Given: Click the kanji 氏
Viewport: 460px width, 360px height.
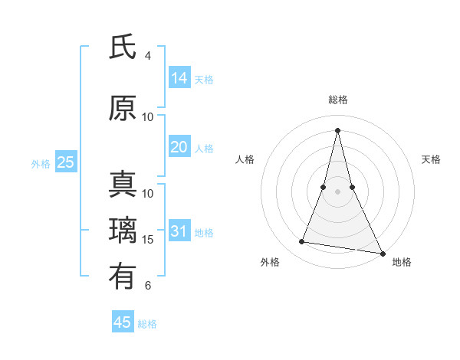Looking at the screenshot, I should pyautogui.click(x=123, y=47).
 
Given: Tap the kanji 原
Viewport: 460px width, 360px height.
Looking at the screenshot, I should pyautogui.click(x=123, y=110).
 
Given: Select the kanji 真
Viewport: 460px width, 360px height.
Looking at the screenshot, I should pyautogui.click(x=123, y=186).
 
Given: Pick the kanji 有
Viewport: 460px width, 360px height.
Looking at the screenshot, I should pyautogui.click(x=123, y=277).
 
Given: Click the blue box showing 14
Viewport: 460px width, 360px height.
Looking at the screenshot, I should pyautogui.click(x=179, y=78).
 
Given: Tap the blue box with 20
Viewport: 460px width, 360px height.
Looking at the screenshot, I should pyautogui.click(x=179, y=147).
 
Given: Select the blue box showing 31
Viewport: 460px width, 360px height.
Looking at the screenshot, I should pyautogui.click(x=179, y=231).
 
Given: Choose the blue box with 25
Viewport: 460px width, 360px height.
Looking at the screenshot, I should pyautogui.click(x=65, y=162).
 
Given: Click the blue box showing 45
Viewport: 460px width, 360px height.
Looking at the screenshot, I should pyautogui.click(x=123, y=322).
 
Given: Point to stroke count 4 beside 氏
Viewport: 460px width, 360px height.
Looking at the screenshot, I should pyautogui.click(x=148, y=56).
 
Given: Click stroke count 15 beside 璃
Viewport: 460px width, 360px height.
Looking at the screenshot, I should pyautogui.click(x=148, y=240).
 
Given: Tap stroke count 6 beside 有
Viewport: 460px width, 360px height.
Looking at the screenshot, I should pyautogui.click(x=148, y=286).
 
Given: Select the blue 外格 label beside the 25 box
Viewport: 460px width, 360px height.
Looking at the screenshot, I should pyautogui.click(x=41, y=163).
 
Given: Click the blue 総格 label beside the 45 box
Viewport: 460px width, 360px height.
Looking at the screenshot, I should pyautogui.click(x=147, y=324).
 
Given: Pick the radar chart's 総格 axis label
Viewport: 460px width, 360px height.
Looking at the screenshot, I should pyautogui.click(x=337, y=100).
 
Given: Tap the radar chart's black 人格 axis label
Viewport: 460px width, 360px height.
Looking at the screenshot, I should pyautogui.click(x=245, y=159).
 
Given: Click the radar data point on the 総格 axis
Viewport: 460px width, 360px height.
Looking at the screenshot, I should pyautogui.click(x=337, y=129).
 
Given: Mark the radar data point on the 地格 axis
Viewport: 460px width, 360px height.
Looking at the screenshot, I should pyautogui.click(x=382, y=254).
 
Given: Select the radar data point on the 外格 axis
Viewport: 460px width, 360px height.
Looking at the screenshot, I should pyautogui.click(x=302, y=242).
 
